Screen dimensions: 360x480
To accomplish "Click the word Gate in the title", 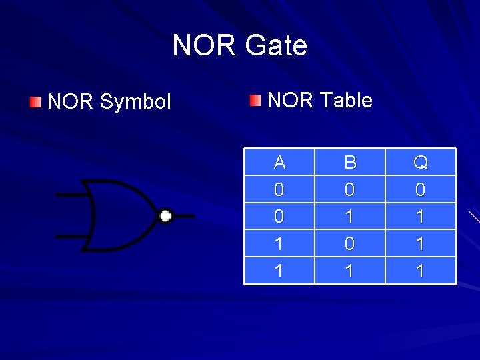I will [276, 45].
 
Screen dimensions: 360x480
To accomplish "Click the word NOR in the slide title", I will [204, 45].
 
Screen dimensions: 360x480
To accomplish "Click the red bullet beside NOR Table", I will [256, 101].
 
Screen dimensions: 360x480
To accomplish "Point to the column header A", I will [279, 162].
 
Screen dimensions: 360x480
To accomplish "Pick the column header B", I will [350, 162].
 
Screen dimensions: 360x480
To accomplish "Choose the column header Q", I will [421, 162].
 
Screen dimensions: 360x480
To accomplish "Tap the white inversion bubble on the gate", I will [166, 215].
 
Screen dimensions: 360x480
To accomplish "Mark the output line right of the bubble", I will [184, 215].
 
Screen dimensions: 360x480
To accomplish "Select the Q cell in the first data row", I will [421, 190].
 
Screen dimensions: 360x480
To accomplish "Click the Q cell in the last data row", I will [421, 271].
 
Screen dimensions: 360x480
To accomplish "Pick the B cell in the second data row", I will [350, 217].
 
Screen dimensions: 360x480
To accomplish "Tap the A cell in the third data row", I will [279, 244].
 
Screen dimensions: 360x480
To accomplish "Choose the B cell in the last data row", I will [350, 271].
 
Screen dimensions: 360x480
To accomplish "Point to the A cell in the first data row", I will [279, 190].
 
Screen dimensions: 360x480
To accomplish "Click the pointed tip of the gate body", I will [157, 215].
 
